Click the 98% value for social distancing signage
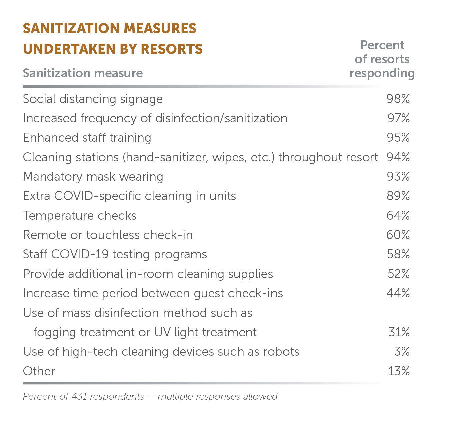tap(398, 99)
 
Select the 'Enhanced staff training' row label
tap(87, 138)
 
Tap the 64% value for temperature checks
tap(398, 215)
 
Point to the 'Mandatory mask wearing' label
tap(93, 177)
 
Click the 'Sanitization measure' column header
tap(83, 73)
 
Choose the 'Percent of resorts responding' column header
tap(382, 59)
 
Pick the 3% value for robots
tap(402, 351)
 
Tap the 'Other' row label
tap(39, 371)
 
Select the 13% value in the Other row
tap(399, 371)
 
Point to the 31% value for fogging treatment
tap(399, 332)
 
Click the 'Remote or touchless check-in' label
tap(108, 235)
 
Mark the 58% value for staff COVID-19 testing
tap(398, 254)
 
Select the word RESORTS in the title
tap(172, 49)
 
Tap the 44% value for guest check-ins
tap(398, 293)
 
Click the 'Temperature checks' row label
tap(80, 216)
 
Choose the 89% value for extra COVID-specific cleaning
tap(398, 196)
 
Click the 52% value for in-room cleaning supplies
tap(398, 274)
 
